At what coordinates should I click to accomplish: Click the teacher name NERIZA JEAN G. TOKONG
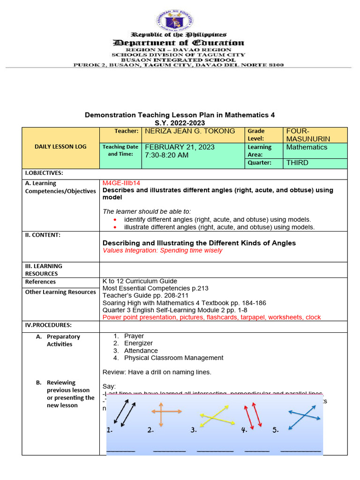[190, 131]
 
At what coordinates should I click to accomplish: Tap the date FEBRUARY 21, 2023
[180, 147]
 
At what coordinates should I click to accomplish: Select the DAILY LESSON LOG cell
[60, 147]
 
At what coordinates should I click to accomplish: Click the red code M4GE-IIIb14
[121, 183]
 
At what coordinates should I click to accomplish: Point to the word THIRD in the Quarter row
[297, 163]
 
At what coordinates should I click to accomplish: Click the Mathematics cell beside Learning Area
[307, 147]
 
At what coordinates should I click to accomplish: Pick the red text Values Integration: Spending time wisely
[162, 250]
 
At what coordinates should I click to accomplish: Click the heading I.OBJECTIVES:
[44, 173]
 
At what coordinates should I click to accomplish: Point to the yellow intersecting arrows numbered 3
[217, 415]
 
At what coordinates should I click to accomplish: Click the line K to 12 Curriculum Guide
[140, 281]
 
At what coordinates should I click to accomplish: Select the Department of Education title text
[179, 43]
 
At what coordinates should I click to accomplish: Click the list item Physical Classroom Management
[173, 358]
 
